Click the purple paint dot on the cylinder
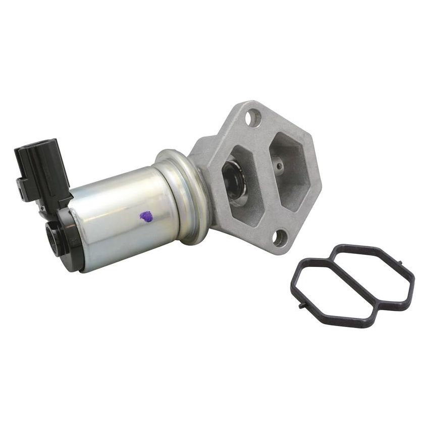146,217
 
